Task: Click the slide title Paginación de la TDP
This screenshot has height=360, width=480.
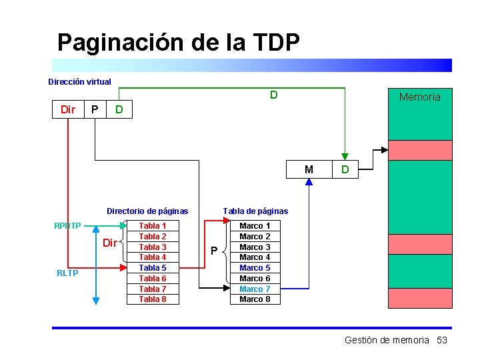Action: (x=178, y=43)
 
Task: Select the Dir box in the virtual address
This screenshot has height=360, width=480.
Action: (x=68, y=109)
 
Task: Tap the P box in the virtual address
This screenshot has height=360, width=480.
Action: (x=95, y=109)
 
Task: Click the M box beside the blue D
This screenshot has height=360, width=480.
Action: (x=309, y=169)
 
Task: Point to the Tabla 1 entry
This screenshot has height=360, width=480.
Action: (x=153, y=226)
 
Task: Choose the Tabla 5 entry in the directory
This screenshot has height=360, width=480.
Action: (x=153, y=268)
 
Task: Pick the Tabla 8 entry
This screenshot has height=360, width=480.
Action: (x=153, y=299)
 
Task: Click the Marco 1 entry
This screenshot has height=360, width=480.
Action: (x=255, y=226)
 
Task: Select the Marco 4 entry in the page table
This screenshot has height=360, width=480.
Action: (x=255, y=257)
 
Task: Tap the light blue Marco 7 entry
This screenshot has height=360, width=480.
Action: (x=255, y=289)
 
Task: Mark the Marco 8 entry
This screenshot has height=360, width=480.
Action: (x=255, y=299)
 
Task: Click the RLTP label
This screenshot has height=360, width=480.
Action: (x=67, y=273)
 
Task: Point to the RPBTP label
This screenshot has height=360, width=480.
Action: (x=67, y=225)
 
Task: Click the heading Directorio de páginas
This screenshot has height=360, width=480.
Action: (x=147, y=211)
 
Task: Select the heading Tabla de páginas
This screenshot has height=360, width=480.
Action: (x=255, y=211)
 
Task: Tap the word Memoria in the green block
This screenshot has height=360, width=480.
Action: (x=419, y=97)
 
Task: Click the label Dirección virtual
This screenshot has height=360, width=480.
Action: (x=79, y=82)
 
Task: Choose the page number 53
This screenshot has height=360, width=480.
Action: (x=441, y=340)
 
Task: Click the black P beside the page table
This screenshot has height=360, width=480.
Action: (x=214, y=251)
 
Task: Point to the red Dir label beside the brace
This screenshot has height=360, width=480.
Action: (x=110, y=243)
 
